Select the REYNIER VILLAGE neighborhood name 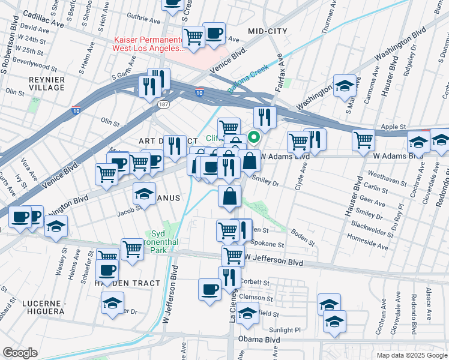(x=46, y=83)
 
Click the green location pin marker (x=254, y=137)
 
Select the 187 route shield (x=163, y=104)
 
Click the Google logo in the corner (x=20, y=353)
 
